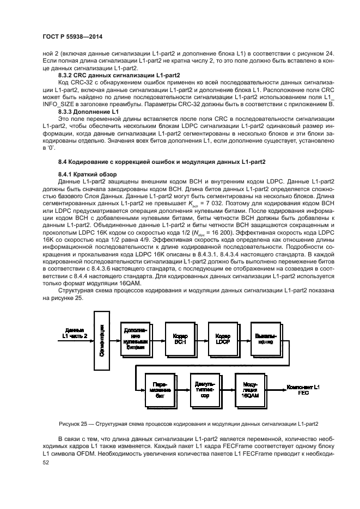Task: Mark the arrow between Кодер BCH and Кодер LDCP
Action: pos(201,338)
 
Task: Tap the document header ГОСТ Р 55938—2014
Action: pos(72,36)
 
